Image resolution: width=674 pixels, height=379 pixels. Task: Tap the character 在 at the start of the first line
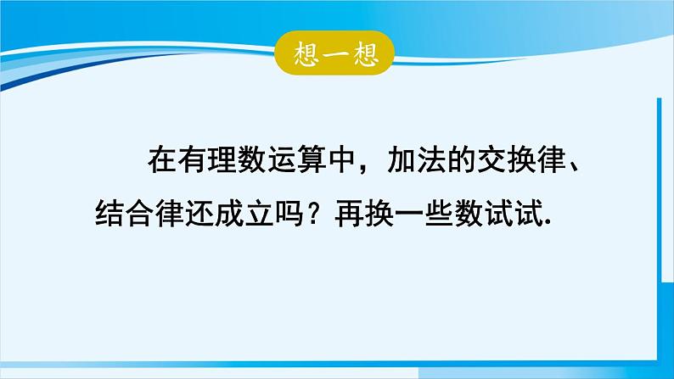[162, 159]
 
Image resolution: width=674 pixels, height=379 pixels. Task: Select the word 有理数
[222, 159]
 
